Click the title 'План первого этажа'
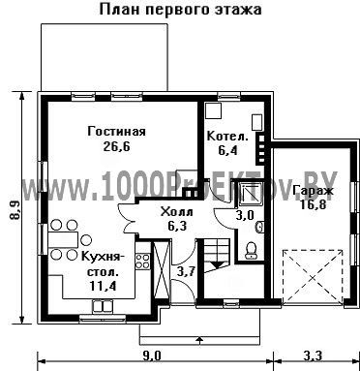[180, 10]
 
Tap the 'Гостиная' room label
[116, 132]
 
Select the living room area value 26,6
[116, 146]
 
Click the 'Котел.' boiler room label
[227, 136]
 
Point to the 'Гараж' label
[313, 190]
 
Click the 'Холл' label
[177, 212]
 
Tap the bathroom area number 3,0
[245, 215]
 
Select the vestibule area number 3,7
[186, 272]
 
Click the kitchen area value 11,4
[103, 286]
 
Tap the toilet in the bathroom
[251, 251]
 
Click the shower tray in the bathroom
[250, 195]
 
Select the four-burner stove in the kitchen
[142, 262]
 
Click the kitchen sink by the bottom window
[103, 306]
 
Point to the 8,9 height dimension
[15, 211]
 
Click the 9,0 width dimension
[152, 356]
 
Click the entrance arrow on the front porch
[200, 339]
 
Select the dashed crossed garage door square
[313, 277]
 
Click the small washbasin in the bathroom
[260, 227]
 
